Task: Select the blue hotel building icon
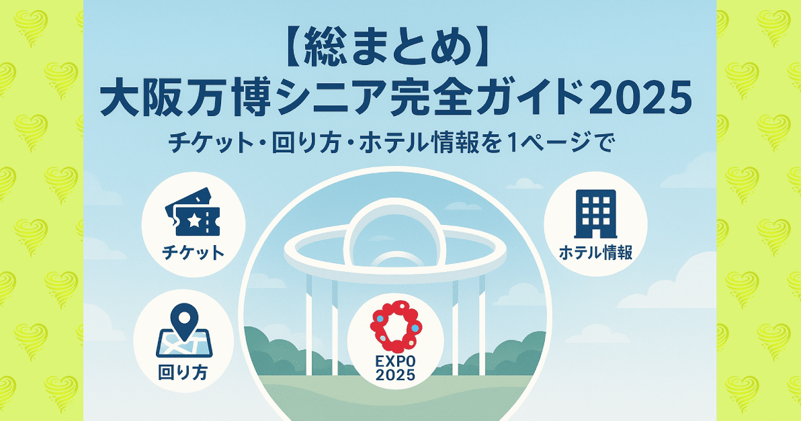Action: click(595, 214)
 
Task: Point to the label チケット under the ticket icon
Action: click(193, 252)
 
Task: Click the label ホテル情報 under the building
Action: click(595, 252)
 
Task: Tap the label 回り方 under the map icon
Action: click(183, 373)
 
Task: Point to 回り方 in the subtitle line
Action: click(306, 144)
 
